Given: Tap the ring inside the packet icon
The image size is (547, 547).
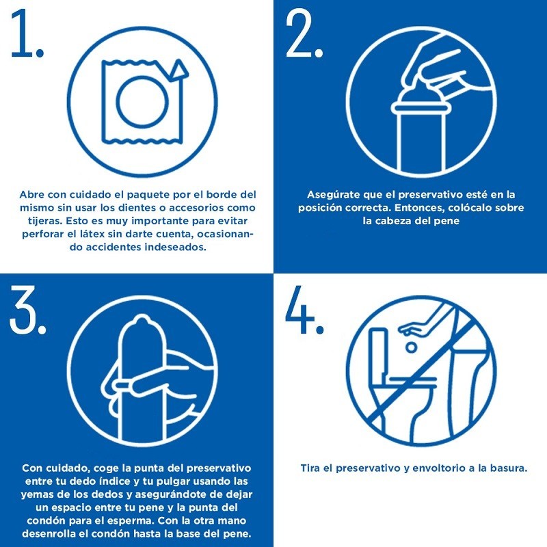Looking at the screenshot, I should click(x=142, y=101).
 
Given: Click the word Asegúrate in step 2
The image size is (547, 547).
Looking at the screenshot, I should click(x=334, y=195).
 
